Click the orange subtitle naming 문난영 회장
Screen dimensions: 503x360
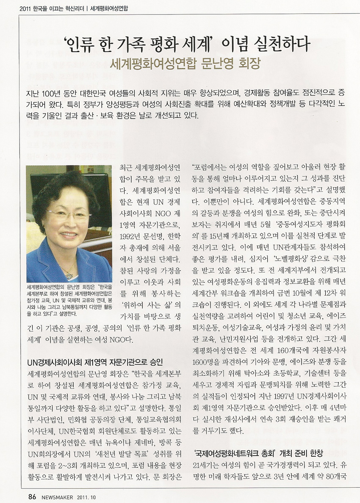(184, 64)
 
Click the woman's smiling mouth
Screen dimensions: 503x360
(69, 234)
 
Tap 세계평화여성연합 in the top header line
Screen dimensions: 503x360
(110, 8)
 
